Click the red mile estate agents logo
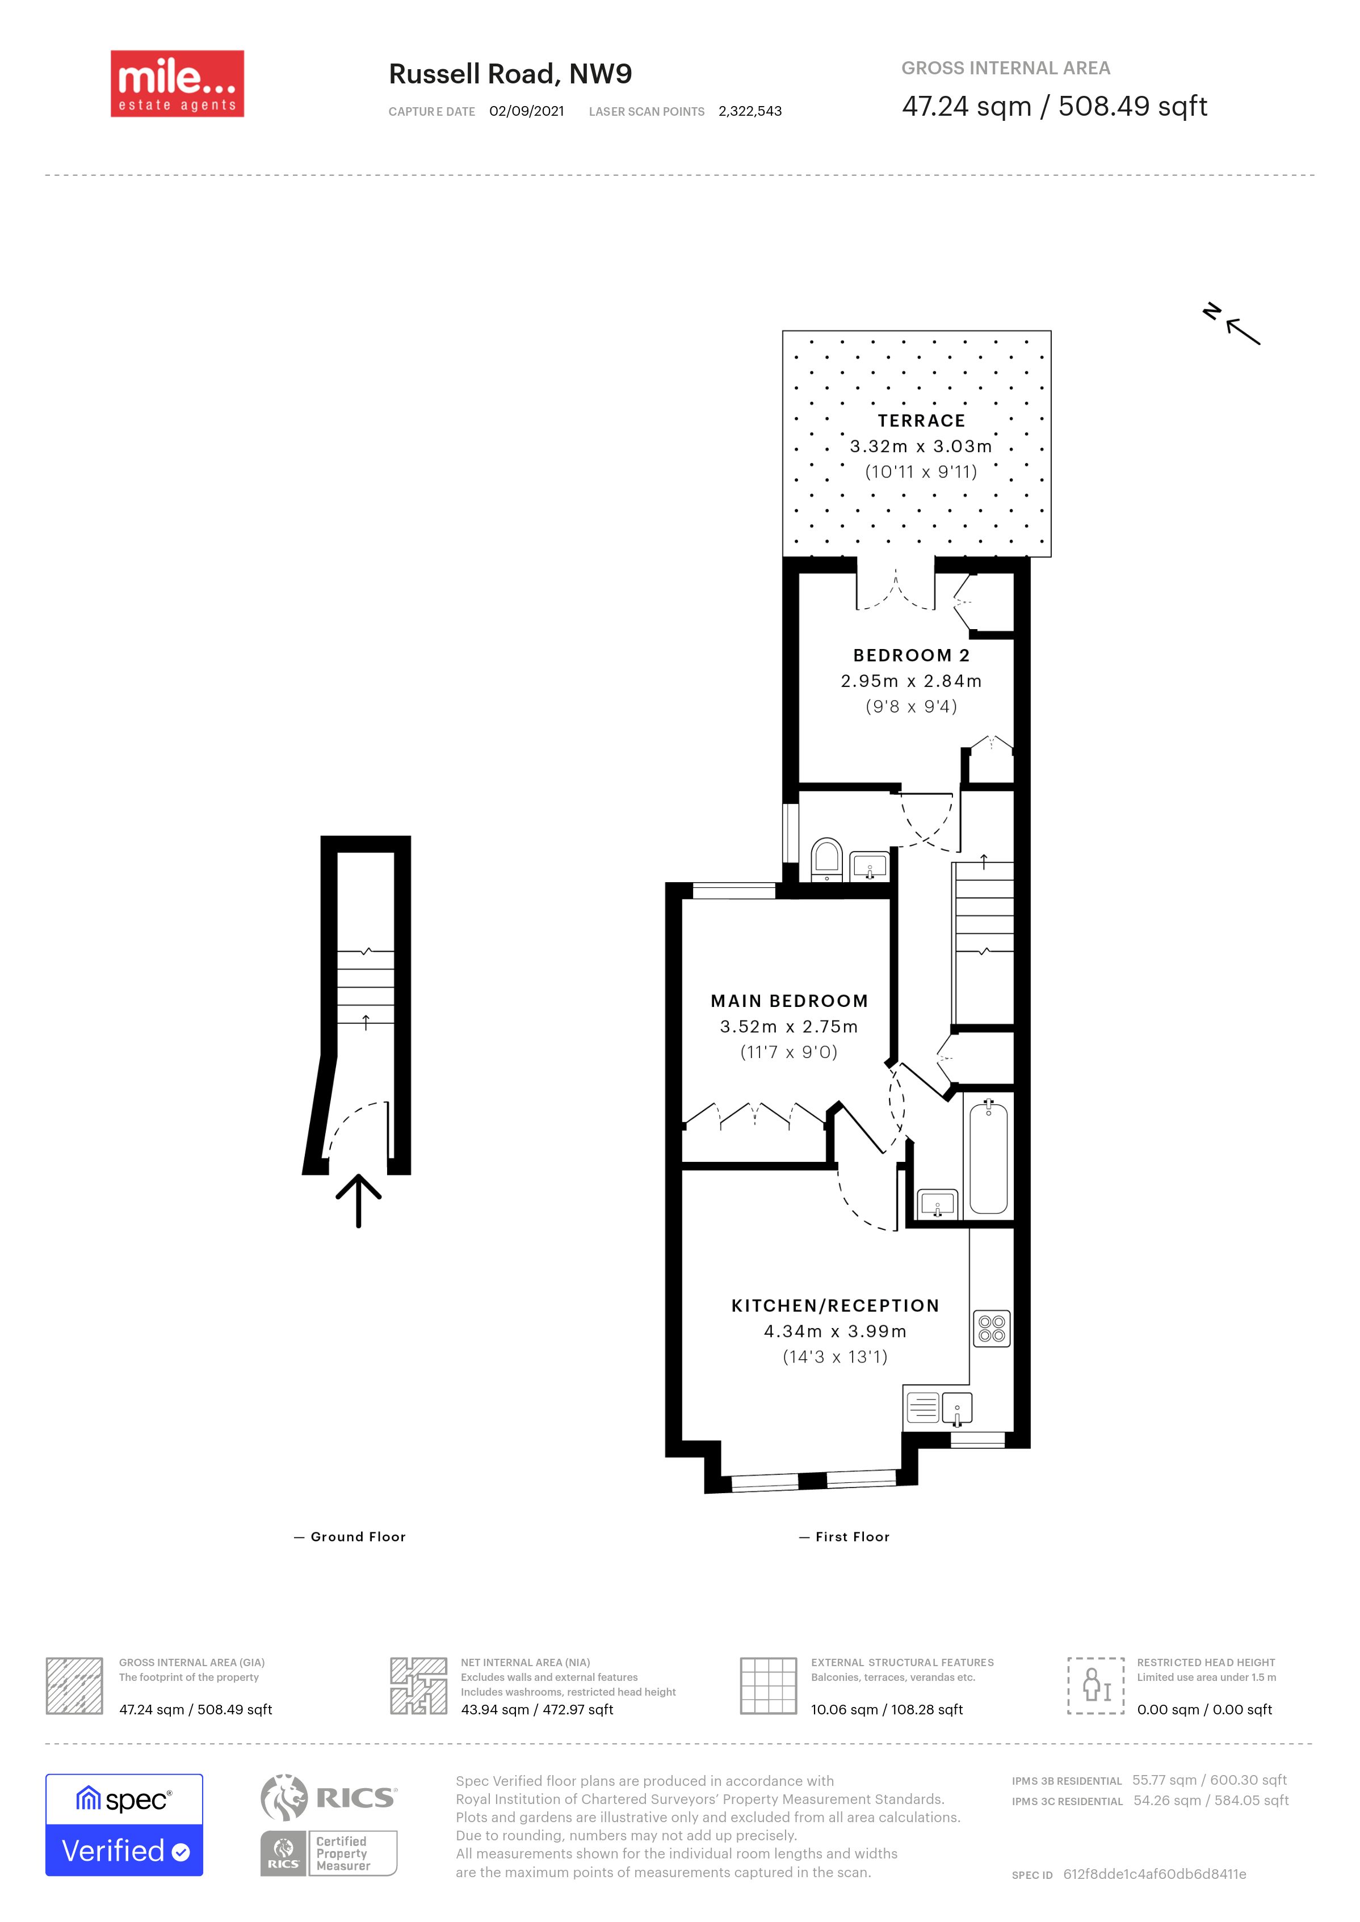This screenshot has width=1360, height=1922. tap(178, 84)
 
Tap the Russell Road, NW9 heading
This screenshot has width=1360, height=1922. tap(510, 74)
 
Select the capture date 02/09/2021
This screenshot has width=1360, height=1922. tap(527, 111)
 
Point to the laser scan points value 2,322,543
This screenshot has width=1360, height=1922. tap(749, 111)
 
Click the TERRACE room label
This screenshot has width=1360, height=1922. tap(921, 421)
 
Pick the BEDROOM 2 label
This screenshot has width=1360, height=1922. tap(911, 655)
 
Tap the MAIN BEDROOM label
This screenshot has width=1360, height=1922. tap(789, 1001)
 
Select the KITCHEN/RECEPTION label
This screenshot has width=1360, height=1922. tap(835, 1306)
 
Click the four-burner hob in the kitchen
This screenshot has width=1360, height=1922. tap(992, 1329)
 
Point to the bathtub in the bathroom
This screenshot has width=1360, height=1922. tap(988, 1157)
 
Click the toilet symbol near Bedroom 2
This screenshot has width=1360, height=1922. tap(826, 859)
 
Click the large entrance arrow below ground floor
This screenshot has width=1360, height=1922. tap(358, 1200)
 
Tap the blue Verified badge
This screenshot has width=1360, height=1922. tap(124, 1825)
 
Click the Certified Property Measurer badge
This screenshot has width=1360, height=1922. tap(328, 1853)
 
